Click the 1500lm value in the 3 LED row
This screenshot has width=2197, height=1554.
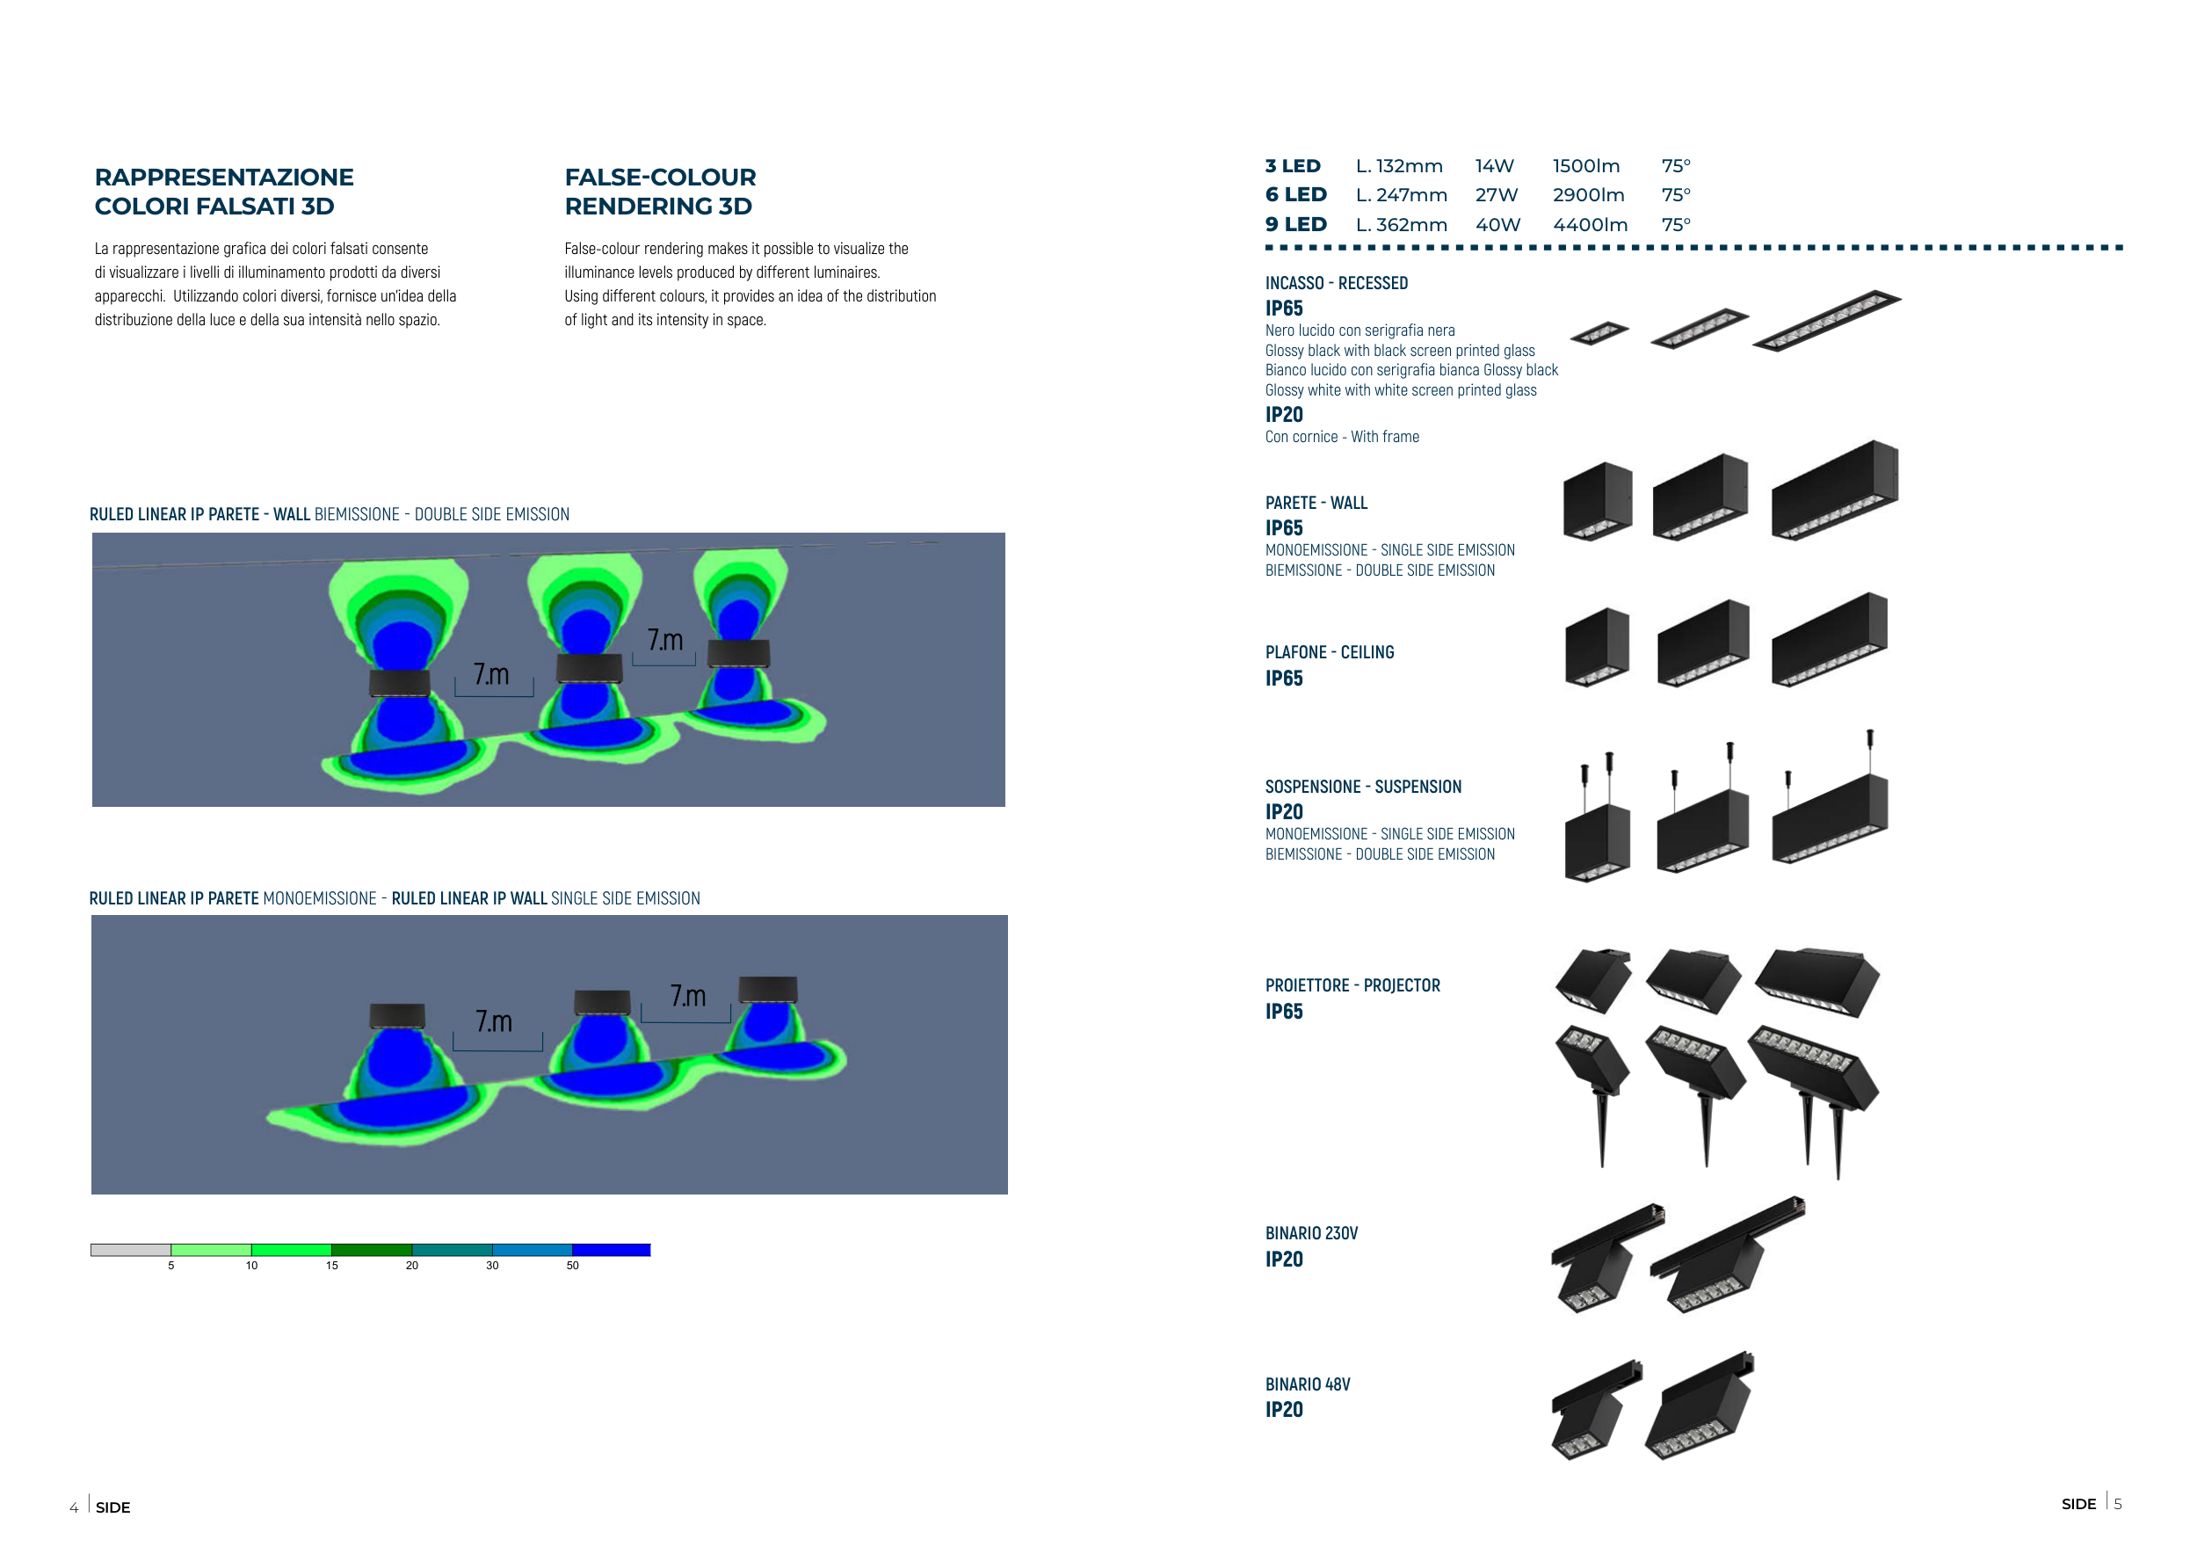click(1585, 166)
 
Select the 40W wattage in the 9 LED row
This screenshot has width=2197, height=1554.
click(1497, 225)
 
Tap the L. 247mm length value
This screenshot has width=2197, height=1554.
click(1401, 195)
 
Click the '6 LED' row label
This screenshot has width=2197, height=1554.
click(1294, 195)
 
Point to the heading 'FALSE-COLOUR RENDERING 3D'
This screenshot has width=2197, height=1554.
click(659, 192)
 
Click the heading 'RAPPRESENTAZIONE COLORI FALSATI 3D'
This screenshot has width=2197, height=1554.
click(224, 192)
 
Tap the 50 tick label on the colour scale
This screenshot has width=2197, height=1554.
click(572, 1265)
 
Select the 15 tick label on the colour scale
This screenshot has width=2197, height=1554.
click(332, 1265)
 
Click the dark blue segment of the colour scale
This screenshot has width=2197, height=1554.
click(612, 1250)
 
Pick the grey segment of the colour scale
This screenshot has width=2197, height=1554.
click(131, 1250)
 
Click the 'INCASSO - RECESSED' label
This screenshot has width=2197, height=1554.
click(1336, 283)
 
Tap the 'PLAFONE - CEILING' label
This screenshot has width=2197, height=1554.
click(1329, 652)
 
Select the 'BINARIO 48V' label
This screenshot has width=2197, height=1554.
click(1307, 1384)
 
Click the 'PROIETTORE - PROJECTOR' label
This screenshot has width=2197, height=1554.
click(1352, 985)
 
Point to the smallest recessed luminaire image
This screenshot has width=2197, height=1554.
click(1599, 332)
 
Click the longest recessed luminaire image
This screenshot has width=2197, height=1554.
click(1826, 321)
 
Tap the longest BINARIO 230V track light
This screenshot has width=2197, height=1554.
click(1728, 1253)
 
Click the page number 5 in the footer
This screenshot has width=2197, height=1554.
click(2118, 1504)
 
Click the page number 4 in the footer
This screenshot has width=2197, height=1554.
click(74, 1508)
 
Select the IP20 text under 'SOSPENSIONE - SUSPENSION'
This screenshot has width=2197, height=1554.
click(1283, 812)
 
